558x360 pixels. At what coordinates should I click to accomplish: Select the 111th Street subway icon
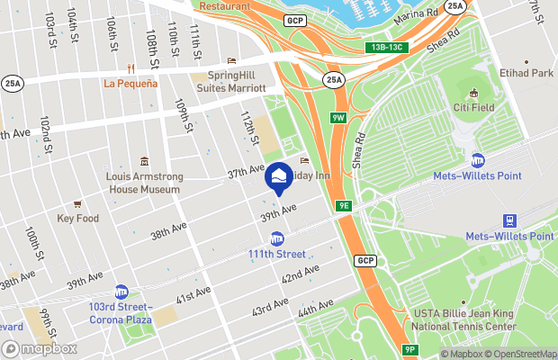pos(277,238)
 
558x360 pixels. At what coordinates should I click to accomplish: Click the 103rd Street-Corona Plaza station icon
pos(121,292)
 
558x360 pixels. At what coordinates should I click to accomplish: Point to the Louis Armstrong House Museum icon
pos(144,160)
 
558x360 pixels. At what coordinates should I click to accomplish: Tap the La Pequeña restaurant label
pos(130,84)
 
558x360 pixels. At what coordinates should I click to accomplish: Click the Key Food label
pos(77,218)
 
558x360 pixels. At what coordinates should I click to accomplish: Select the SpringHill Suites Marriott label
pos(237,82)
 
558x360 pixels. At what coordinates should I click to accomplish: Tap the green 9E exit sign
pos(344,206)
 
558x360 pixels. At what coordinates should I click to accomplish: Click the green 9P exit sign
pos(409,349)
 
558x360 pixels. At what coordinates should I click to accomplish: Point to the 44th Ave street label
pos(316,309)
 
